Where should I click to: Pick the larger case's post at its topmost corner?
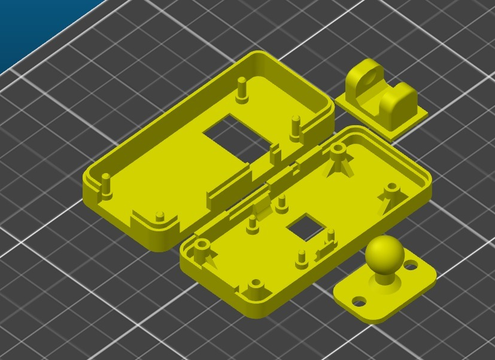click(241, 88)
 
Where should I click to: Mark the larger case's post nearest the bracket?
click(295, 126)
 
